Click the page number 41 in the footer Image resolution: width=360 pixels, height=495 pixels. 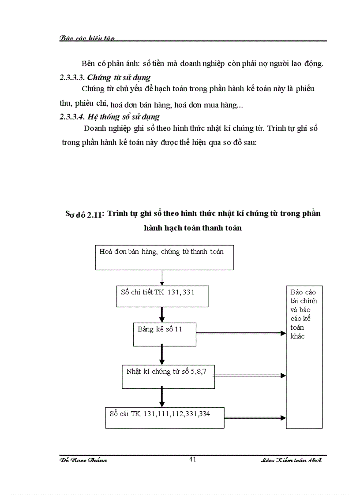[x=192, y=459]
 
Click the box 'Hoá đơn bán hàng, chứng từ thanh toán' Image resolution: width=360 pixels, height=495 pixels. [x=165, y=257]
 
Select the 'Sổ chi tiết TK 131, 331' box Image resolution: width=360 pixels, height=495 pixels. [x=162, y=296]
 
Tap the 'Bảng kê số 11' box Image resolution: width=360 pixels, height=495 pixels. [x=165, y=334]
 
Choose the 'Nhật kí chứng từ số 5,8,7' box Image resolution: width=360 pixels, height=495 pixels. [x=168, y=376]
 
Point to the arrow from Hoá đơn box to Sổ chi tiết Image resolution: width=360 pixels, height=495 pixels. [x=162, y=278]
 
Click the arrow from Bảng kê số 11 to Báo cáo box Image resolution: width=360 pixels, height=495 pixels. [x=241, y=334]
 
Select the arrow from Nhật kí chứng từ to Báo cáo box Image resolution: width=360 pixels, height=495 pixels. [x=250, y=376]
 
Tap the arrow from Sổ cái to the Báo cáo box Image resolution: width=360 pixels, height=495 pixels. [x=255, y=417]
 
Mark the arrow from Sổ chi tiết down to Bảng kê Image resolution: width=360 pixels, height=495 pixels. [x=162, y=314]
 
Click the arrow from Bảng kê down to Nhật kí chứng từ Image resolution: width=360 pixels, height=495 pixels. [x=162, y=355]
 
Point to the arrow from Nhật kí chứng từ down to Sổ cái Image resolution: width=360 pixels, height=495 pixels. [x=162, y=397]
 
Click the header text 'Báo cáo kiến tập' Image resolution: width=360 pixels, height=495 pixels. [x=87, y=38]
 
